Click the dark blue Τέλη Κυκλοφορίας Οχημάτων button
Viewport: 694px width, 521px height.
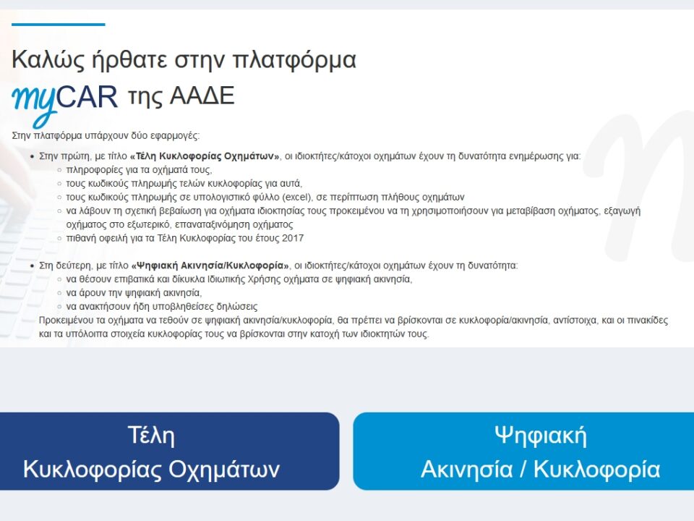[169, 451]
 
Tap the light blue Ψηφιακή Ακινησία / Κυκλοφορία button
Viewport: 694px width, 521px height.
[523, 451]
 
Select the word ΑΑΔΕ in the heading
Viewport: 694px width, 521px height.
[202, 96]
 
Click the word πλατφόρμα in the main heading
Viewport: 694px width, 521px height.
[294, 60]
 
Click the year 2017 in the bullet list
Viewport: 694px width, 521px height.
[293, 238]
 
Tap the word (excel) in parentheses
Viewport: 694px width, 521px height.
[296, 197]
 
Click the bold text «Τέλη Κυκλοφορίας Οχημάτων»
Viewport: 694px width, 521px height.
[205, 156]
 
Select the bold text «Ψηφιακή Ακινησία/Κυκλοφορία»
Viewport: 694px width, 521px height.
[210, 266]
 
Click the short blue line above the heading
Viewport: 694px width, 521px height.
[59, 25]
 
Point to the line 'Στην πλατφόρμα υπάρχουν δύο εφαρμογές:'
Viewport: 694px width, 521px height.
[106, 135]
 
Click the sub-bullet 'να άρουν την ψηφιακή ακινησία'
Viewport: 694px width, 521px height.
[134, 293]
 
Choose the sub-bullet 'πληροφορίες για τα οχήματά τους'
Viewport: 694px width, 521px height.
[139, 169]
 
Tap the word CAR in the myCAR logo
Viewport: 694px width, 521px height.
[87, 96]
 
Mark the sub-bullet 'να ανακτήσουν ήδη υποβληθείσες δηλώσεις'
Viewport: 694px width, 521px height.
[162, 307]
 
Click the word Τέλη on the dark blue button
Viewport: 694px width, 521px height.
[151, 435]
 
